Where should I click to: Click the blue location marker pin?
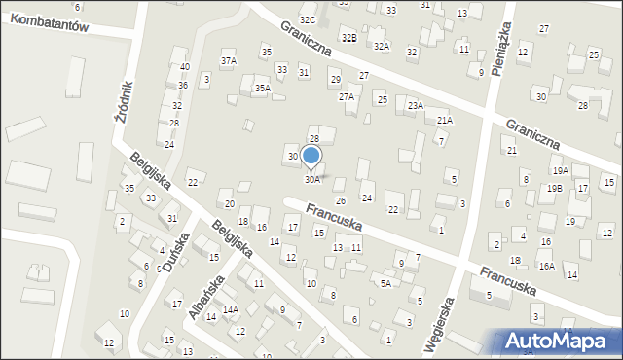tap(311, 157)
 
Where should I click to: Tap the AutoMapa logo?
tap(554, 341)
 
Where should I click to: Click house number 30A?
tap(311, 180)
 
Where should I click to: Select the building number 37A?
tap(229, 61)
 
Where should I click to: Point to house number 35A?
tap(262, 89)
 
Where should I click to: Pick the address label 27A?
tap(346, 97)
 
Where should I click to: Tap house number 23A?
tap(416, 105)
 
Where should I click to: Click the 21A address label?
tap(444, 121)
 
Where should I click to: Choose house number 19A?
tap(560, 171)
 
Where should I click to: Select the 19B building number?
tap(554, 188)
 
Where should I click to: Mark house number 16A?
tap(546, 266)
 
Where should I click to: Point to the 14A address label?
tap(230, 310)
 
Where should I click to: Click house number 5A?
tap(385, 284)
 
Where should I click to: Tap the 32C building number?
tap(308, 20)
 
